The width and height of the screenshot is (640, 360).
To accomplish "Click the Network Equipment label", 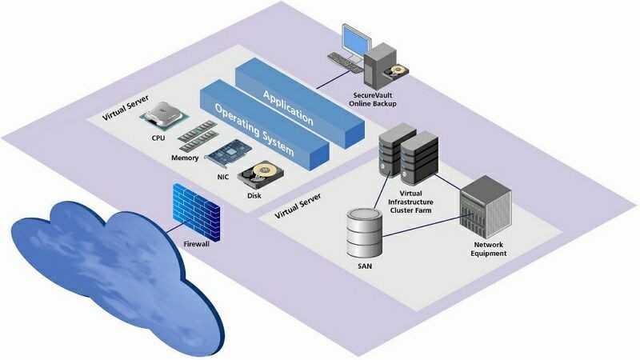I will (490, 249).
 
